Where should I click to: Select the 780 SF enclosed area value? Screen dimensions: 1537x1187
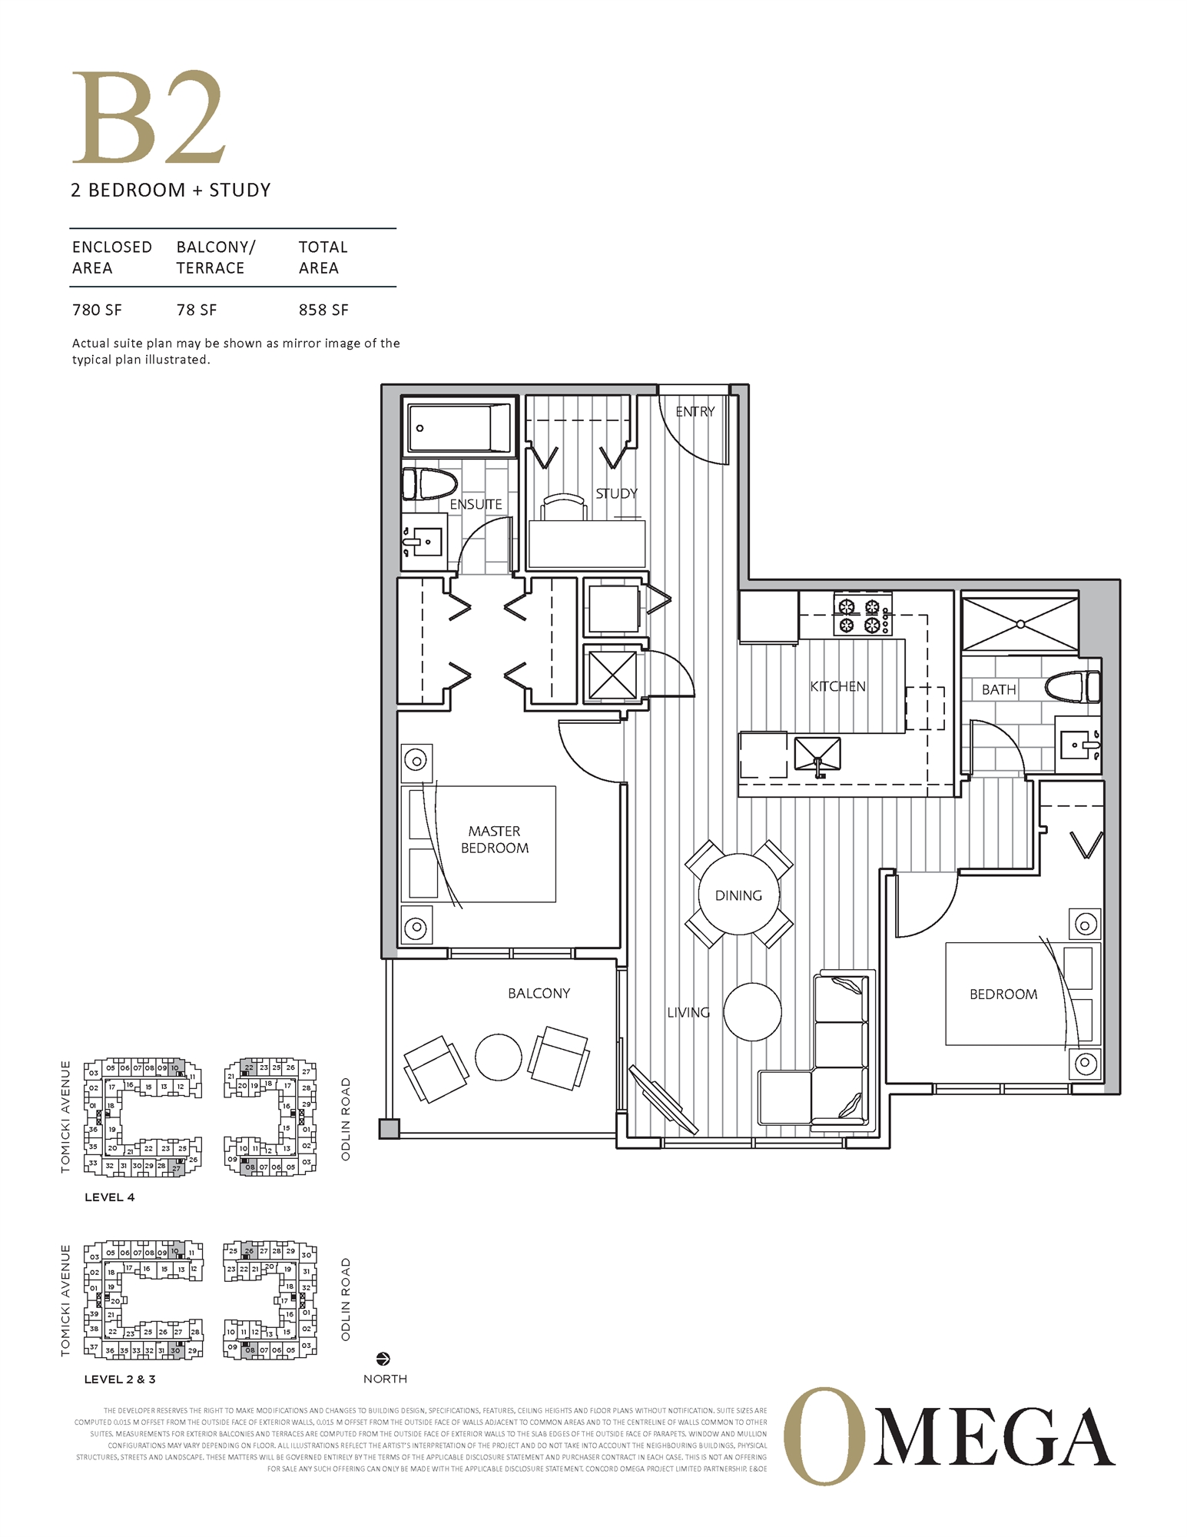pos(97,310)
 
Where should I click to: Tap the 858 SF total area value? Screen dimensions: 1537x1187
pos(323,310)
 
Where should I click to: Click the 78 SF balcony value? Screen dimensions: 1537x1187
pos(197,310)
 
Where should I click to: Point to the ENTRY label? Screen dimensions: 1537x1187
pos(695,412)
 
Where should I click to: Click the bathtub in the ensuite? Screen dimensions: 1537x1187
pos(459,428)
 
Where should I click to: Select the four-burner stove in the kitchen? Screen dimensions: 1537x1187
pos(860,616)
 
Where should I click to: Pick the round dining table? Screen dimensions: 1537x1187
pos(738,895)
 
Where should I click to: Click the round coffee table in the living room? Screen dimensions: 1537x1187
pos(752,1011)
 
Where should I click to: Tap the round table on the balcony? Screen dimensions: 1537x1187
pos(498,1057)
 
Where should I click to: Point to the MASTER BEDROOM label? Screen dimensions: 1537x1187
pos(494,839)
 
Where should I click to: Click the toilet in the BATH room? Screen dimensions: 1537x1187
pos(1074,686)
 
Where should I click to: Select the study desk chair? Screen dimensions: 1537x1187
pos(565,507)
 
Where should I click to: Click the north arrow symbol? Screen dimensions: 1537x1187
pos(383,1359)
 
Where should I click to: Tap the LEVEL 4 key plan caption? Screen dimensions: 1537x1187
pos(109,1197)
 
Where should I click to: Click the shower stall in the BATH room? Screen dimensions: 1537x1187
pos(1020,623)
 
